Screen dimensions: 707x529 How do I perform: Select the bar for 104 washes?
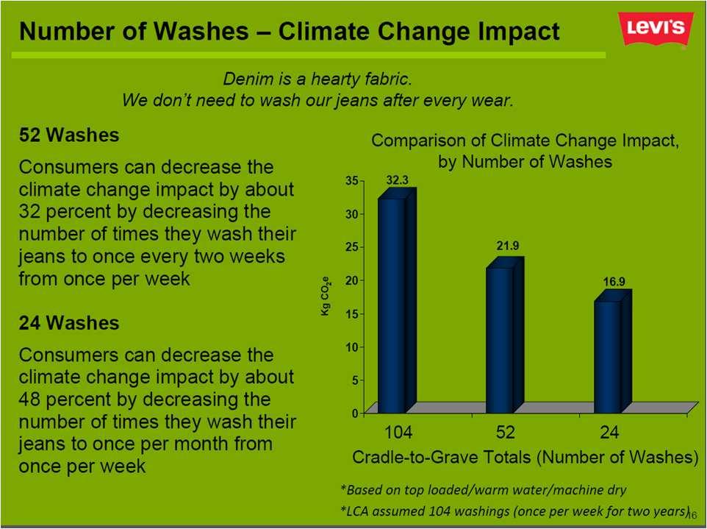pyautogui.click(x=397, y=301)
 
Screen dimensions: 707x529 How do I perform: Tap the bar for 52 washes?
pyautogui.click(x=505, y=335)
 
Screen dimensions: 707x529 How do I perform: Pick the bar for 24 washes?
pyautogui.click(x=613, y=352)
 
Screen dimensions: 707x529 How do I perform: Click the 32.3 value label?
pyautogui.click(x=398, y=180)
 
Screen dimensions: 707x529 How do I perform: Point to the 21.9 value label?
pyautogui.click(x=508, y=246)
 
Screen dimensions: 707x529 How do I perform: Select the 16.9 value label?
pyautogui.click(x=614, y=282)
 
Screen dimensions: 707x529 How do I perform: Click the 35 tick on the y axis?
pyautogui.click(x=352, y=180)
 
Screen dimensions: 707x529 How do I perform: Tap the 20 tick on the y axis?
pyautogui.click(x=352, y=280)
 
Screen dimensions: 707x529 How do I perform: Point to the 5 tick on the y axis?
pyautogui.click(x=355, y=380)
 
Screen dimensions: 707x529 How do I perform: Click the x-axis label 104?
pyautogui.click(x=398, y=433)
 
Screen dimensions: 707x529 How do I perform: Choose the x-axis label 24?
pyautogui.click(x=609, y=433)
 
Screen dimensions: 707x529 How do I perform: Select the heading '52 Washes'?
pyautogui.click(x=69, y=135)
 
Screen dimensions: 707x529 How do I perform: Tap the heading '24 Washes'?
pyautogui.click(x=69, y=323)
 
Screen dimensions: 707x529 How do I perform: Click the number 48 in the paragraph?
pyautogui.click(x=29, y=399)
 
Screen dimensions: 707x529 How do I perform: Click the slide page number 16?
pyautogui.click(x=692, y=514)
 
